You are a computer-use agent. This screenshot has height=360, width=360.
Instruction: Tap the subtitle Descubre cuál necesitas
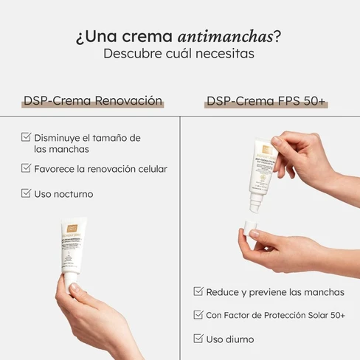tap(179, 55)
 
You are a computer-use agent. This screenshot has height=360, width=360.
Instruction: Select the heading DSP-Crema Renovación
tap(92, 101)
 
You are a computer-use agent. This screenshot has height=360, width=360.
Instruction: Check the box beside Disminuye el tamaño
tap(26, 137)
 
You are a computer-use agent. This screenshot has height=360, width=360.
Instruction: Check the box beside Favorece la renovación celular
tap(26, 168)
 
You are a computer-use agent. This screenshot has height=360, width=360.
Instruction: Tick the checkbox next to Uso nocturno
tap(26, 193)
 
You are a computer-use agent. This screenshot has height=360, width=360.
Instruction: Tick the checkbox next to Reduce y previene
tap(198, 291)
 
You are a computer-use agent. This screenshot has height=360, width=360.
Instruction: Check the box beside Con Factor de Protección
tap(198, 315)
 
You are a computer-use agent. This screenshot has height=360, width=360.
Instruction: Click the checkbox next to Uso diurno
tap(198, 339)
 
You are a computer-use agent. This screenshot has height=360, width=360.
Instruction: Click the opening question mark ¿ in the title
tap(78, 38)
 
